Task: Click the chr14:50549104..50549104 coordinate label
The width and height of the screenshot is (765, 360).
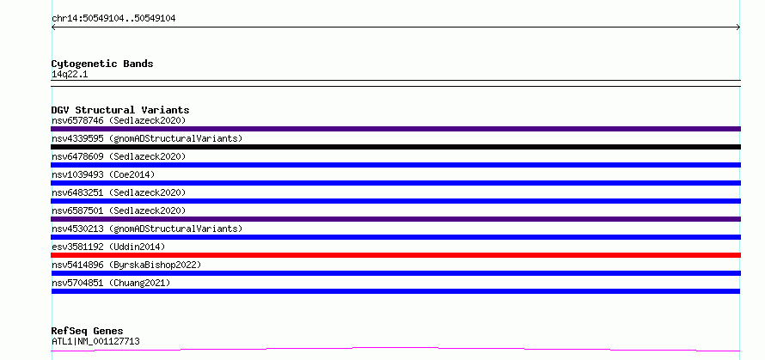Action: pyautogui.click(x=113, y=19)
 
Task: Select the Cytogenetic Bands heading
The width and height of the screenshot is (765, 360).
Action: pyautogui.click(x=102, y=64)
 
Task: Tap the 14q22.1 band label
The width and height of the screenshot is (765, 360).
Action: pyautogui.click(x=70, y=75)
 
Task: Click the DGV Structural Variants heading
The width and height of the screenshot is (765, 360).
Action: pyautogui.click(x=120, y=110)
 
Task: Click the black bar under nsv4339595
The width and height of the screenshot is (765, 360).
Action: pyautogui.click(x=395, y=147)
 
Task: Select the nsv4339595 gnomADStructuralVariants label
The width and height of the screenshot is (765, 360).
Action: pyautogui.click(x=147, y=138)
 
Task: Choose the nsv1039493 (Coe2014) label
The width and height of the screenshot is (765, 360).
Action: pyautogui.click(x=103, y=174)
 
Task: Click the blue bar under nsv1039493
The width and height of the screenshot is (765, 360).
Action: pyautogui.click(x=395, y=183)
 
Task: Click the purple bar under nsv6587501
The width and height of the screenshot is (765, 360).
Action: pyautogui.click(x=395, y=219)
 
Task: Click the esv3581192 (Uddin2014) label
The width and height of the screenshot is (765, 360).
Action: pyautogui.click(x=108, y=247)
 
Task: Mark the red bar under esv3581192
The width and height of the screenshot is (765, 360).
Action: pyautogui.click(x=395, y=255)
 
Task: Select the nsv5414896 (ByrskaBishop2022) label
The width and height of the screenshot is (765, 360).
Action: pyautogui.click(x=126, y=265)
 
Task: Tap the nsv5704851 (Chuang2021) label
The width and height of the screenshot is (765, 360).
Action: pyautogui.click(x=111, y=283)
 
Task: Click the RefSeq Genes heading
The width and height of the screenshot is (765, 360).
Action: pyautogui.click(x=87, y=332)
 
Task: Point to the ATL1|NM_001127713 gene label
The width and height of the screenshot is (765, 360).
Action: pyautogui.click(x=95, y=341)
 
